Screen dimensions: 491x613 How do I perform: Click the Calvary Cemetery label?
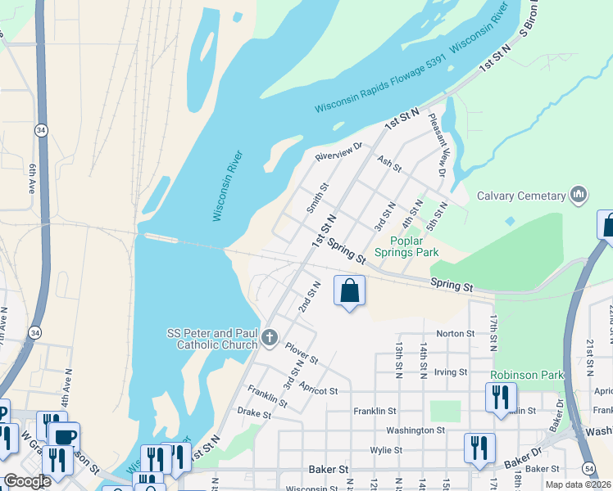click(x=521, y=196)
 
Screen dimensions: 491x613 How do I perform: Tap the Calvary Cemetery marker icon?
click(x=579, y=195)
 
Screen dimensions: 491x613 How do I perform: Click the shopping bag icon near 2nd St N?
click(x=349, y=291)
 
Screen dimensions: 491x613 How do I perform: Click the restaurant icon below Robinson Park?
click(x=500, y=397)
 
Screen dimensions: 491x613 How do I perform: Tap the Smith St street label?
click(x=317, y=198)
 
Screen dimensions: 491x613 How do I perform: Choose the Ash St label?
click(x=389, y=164)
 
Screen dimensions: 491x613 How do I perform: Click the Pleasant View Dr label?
click(x=437, y=146)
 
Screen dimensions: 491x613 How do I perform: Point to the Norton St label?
click(x=456, y=333)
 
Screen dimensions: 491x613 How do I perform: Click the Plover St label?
click(x=302, y=354)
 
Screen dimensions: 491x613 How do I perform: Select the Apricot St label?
click(x=318, y=390)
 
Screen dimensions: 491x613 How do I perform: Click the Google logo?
click(x=27, y=481)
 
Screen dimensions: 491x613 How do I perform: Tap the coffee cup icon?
click(x=64, y=435)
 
